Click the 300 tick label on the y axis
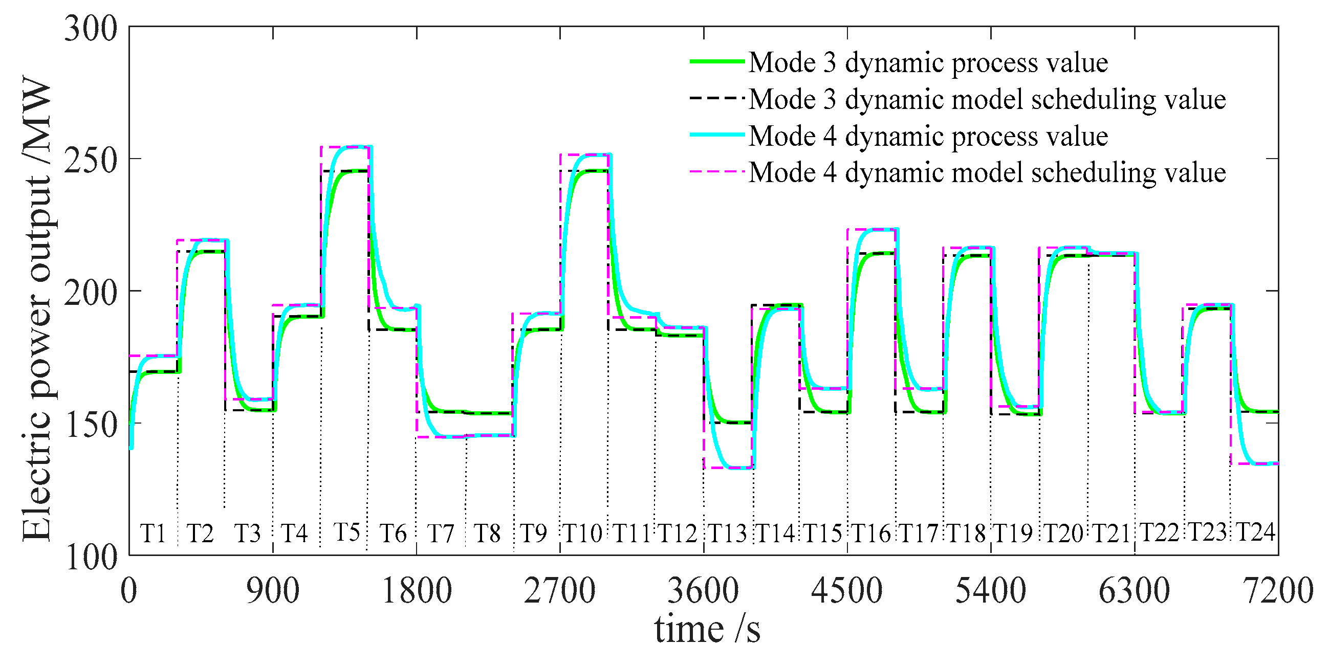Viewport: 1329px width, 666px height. coord(91,28)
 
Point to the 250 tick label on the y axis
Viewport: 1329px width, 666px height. coord(91,161)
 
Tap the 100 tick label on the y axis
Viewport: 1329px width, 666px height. coord(91,558)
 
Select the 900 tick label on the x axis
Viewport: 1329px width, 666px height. coord(272,591)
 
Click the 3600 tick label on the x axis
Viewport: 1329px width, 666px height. coord(703,591)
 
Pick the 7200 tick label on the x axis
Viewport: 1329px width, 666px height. coord(1278,591)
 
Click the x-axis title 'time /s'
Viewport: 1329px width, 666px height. coord(707,630)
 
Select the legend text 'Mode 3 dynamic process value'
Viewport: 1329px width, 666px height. coord(928,63)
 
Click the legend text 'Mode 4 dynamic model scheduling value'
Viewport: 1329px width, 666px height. coord(987,173)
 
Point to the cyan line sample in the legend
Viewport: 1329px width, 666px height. coord(717,135)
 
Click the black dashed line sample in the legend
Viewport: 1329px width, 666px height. coord(717,98)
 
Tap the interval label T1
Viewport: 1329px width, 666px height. coord(153,534)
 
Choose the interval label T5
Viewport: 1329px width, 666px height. coord(346,532)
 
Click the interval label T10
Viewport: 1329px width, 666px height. coord(582,534)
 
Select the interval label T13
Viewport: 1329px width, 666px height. coord(727,534)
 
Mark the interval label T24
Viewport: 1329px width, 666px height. coord(1256,532)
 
